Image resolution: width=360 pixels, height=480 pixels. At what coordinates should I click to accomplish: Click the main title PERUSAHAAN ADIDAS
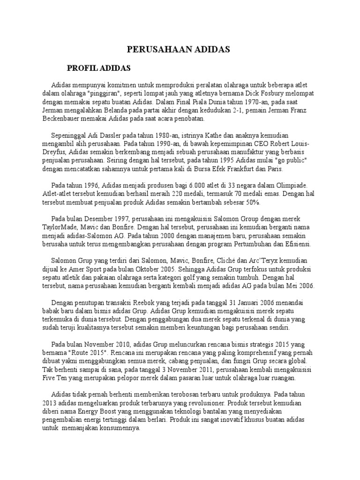coord(179,49)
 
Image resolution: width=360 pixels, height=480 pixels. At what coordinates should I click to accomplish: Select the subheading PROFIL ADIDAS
coord(98,68)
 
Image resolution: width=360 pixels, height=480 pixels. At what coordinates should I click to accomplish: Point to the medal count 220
coord(185,194)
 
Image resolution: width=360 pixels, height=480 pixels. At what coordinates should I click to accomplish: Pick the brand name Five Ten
coord(54,378)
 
